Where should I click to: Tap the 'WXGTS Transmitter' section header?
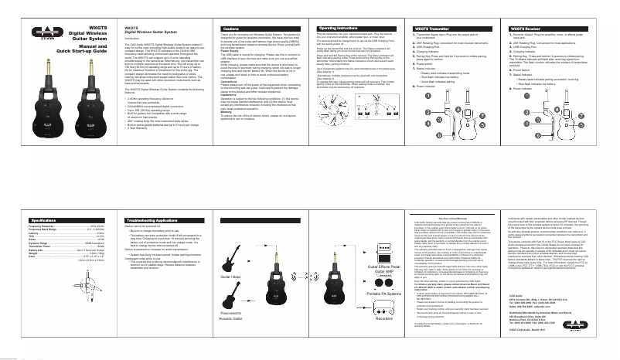coord(448,27)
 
